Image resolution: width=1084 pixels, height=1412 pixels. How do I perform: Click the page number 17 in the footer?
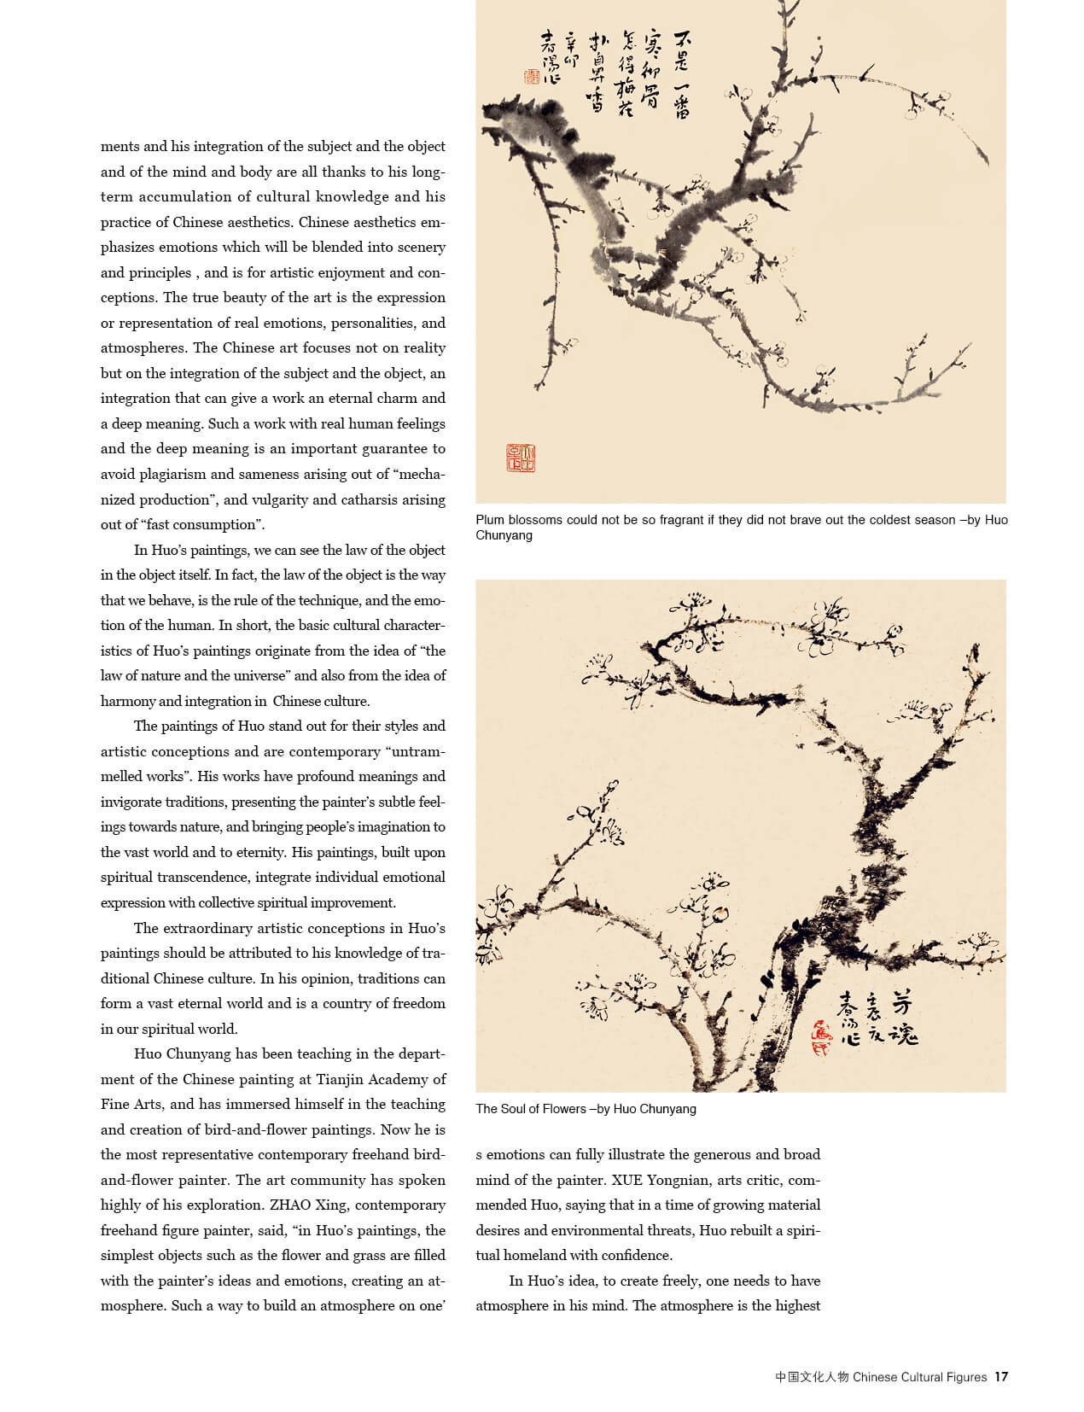pos(1001,1376)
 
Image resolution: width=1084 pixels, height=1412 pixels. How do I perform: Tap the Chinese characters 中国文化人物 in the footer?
pos(812,1376)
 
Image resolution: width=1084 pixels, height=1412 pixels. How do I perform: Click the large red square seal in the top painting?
pos(521,458)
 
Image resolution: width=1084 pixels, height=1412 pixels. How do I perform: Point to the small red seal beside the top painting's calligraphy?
pos(532,77)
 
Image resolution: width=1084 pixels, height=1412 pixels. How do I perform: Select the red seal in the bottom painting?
pos(821,1037)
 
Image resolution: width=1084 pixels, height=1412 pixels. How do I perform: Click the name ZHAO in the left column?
pos(293,1205)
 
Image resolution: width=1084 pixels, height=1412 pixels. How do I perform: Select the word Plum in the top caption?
pos(490,519)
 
